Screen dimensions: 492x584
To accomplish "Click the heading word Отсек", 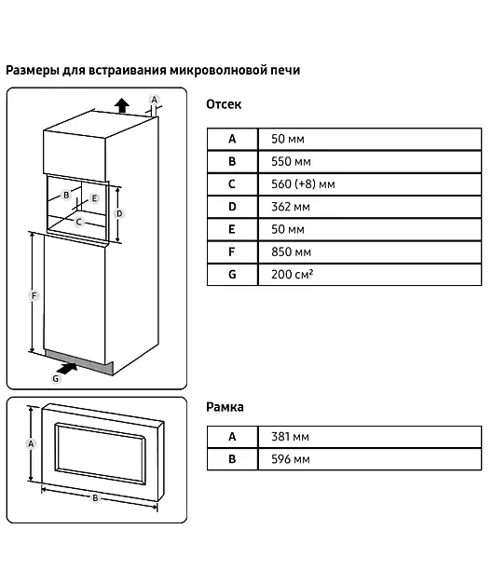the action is (x=224, y=104).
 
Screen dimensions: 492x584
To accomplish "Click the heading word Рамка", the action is (x=225, y=407).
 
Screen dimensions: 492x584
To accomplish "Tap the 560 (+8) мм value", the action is (x=303, y=184).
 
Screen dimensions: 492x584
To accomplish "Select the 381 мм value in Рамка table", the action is (x=290, y=437).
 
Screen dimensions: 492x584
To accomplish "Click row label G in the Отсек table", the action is (x=232, y=275).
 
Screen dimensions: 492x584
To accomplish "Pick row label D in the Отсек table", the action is (x=232, y=207).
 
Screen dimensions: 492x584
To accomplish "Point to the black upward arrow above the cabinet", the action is (x=122, y=105).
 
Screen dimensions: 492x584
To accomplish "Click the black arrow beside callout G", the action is (x=68, y=368).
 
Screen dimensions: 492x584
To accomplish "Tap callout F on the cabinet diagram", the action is (x=34, y=295).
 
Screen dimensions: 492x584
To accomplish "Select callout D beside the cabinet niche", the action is (x=119, y=213).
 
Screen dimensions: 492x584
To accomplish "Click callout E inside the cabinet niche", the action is (x=94, y=198).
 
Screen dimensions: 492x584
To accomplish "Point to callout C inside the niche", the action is (x=78, y=222).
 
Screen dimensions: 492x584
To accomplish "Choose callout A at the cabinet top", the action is (x=154, y=100).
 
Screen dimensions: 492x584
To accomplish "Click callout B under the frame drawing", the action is (x=95, y=497).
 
